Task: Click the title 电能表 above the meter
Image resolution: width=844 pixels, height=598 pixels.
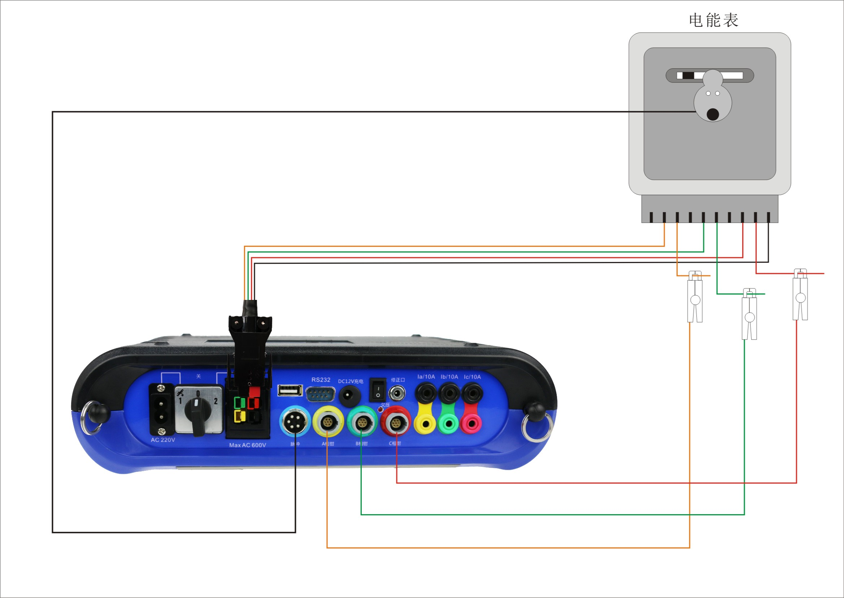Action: (713, 20)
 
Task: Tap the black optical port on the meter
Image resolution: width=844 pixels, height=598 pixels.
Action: (713, 114)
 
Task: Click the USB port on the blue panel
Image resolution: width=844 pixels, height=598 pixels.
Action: (290, 390)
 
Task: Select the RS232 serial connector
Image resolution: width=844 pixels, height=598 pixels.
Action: (320, 394)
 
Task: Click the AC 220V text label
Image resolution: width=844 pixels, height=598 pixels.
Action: (162, 440)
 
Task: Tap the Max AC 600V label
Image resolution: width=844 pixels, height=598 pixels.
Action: (247, 445)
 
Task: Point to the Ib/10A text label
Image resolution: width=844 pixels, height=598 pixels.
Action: (449, 377)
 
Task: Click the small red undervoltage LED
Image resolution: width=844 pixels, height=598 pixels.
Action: (380, 409)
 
